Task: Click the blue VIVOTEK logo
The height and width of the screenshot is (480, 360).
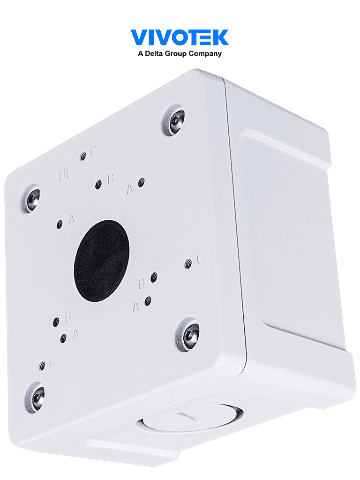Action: point(180,37)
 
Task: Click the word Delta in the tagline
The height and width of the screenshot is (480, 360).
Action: point(155,54)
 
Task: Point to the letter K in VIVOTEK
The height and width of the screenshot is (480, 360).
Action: point(220,37)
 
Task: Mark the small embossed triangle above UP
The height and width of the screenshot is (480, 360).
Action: point(65,156)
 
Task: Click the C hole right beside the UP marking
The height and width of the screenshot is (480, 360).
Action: point(83,157)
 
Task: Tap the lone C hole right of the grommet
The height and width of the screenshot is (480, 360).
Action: point(188,263)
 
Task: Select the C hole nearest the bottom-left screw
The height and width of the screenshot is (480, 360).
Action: point(43,365)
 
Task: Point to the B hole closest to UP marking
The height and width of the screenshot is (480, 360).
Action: point(98,184)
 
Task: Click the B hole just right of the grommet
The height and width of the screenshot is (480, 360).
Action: point(153,279)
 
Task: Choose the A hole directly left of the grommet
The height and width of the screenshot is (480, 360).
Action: point(60,225)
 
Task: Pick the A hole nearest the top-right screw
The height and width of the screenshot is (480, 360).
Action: point(141,182)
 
